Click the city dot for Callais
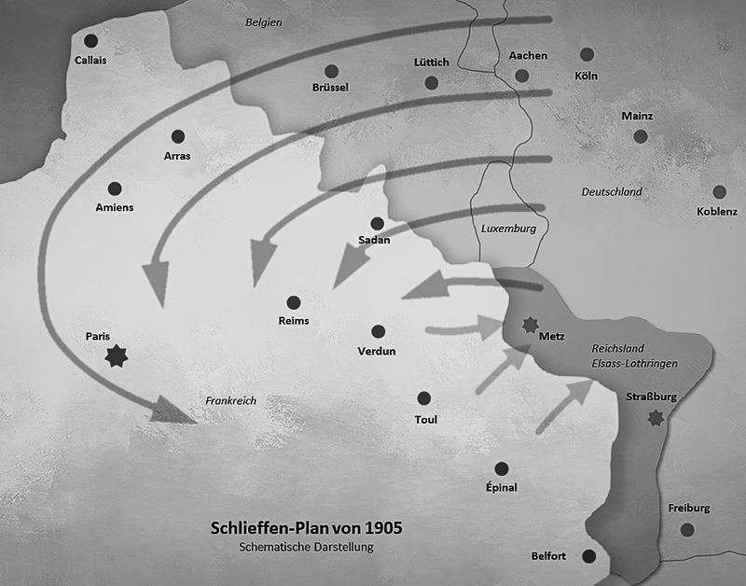90,41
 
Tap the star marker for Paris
116,355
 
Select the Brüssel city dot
331,71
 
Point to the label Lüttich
431,63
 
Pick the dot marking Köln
587,55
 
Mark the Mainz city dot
641,136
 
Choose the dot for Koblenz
718,190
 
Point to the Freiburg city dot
688,529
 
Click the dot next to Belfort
588,556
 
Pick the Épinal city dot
502,468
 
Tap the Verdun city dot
378,332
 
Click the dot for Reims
294,302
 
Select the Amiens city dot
115,188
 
